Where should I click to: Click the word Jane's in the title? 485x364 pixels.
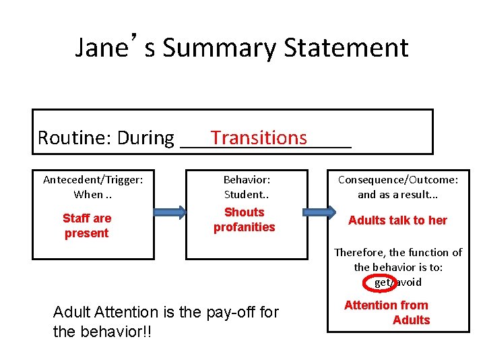click(115, 49)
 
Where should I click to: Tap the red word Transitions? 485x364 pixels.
click(259, 138)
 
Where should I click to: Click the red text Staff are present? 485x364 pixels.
click(86, 226)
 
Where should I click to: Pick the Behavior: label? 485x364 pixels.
click(247, 179)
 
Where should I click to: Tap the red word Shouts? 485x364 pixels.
click(244, 212)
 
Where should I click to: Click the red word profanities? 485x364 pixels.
click(244, 227)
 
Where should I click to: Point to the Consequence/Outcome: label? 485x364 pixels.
click(397, 179)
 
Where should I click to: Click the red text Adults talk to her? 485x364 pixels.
click(397, 220)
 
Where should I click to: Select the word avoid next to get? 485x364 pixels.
click(408, 282)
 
